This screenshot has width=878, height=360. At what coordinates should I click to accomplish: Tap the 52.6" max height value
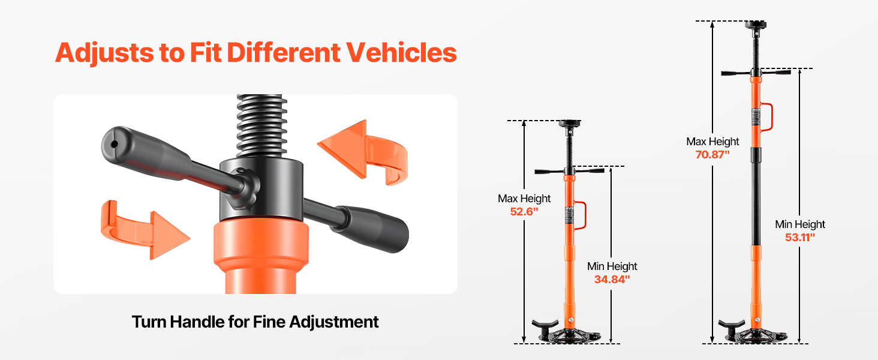524,212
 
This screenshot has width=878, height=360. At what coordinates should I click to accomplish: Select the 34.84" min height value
612,279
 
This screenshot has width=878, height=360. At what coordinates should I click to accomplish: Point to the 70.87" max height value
712,155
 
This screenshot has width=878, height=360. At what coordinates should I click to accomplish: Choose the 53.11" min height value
799,237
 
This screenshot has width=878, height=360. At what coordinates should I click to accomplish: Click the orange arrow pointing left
363,153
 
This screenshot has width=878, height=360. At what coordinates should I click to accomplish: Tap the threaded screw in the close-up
261,125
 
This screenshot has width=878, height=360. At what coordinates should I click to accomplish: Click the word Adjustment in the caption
334,322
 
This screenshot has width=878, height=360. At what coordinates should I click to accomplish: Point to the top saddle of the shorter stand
570,124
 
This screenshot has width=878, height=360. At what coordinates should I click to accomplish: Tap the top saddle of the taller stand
755,25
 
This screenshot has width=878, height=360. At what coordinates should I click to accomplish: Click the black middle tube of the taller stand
756,196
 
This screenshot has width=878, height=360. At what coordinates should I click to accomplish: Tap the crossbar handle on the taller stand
756,73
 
